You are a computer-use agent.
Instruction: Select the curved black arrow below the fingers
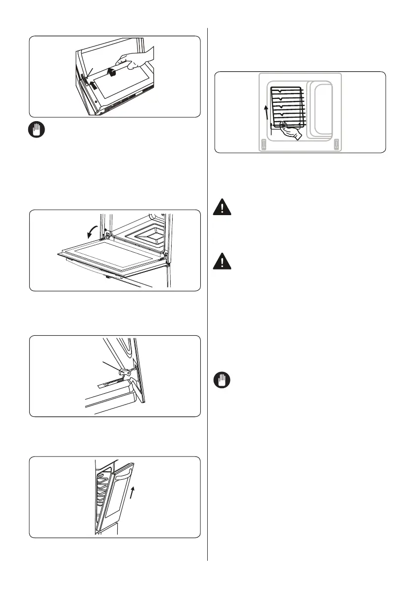tap(113, 73)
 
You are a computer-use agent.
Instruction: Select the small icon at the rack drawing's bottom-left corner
tap(264, 144)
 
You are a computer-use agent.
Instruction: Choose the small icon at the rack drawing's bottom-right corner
tap(336, 144)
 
